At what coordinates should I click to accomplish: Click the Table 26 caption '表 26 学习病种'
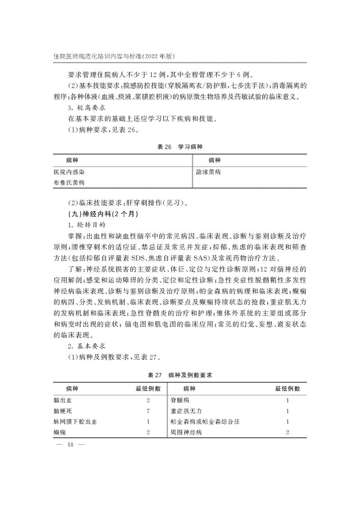[x=180, y=147]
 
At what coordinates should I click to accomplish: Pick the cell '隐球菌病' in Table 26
[x=208, y=172]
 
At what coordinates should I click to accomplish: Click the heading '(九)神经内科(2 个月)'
[x=94, y=214]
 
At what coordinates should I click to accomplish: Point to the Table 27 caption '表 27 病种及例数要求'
[x=180, y=375]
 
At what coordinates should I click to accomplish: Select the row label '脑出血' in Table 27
[x=62, y=400]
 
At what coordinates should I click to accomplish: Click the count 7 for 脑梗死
[x=148, y=411]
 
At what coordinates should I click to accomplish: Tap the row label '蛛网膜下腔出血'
[x=75, y=422]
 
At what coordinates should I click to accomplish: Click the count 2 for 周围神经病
[x=288, y=432]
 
